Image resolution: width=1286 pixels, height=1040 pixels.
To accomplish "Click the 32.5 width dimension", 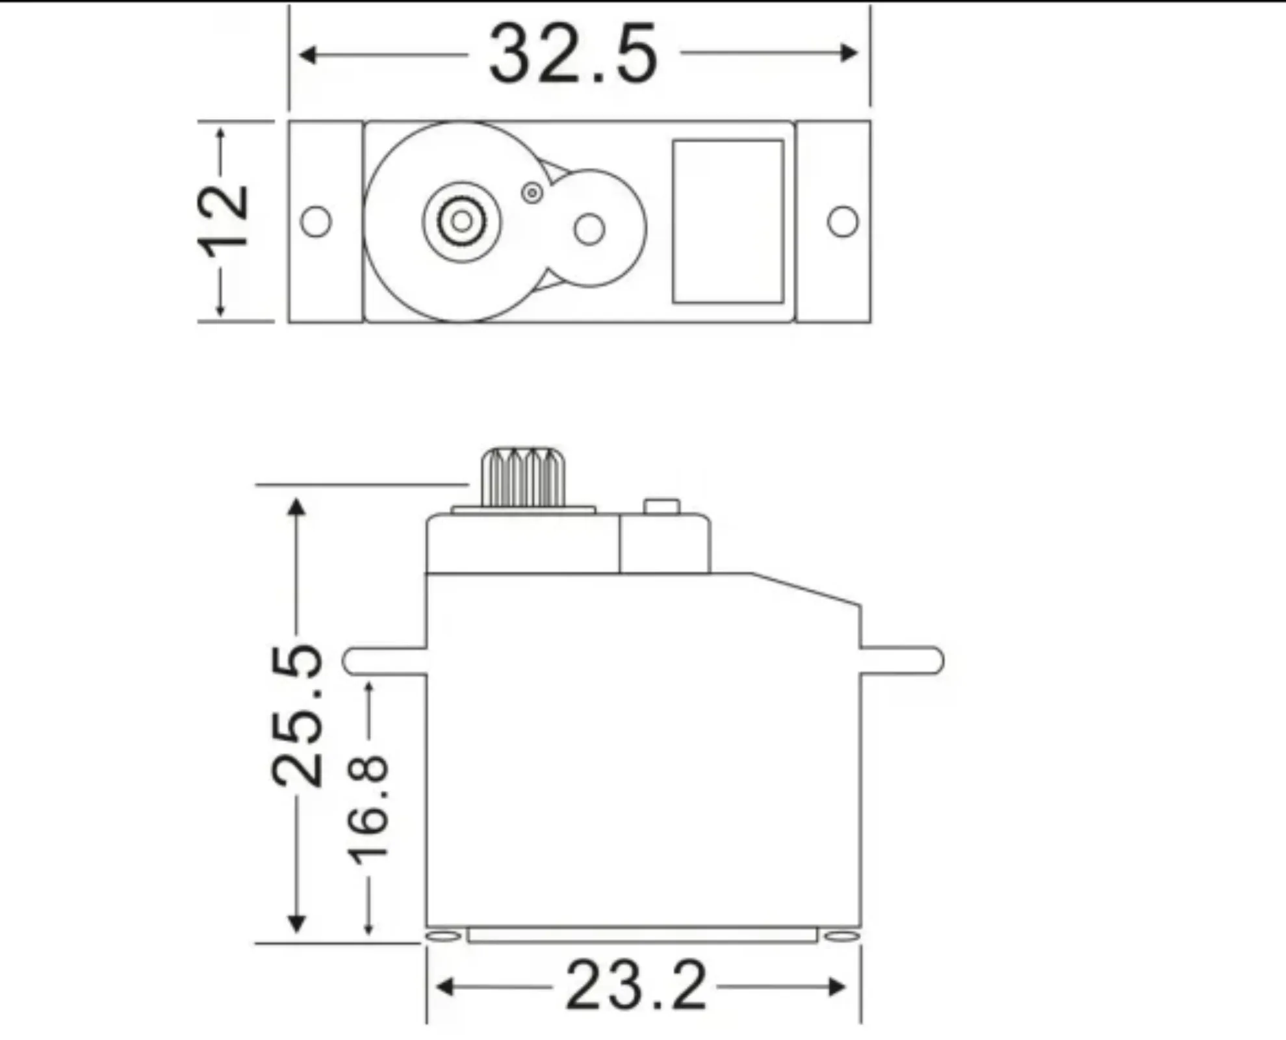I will point(573,55).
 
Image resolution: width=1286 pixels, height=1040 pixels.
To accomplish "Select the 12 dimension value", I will point(223,221).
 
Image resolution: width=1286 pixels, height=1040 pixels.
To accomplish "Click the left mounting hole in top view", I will point(316,222).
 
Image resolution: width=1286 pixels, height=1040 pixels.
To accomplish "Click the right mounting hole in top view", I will point(843,222).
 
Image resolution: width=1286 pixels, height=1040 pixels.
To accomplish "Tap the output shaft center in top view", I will point(462,222).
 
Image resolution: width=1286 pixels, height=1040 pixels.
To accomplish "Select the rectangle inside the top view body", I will point(728,222).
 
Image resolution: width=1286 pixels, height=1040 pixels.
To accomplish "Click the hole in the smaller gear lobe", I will point(589,229).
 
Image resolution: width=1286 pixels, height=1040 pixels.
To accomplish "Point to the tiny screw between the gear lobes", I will point(532,192).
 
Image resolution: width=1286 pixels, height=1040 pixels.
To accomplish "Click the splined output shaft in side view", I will point(523,477).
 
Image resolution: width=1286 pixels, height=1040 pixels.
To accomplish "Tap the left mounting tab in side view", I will point(383,660).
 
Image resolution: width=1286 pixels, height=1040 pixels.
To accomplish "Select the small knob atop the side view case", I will point(662,506).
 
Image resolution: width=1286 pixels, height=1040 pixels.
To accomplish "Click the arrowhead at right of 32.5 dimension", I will point(849,53).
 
